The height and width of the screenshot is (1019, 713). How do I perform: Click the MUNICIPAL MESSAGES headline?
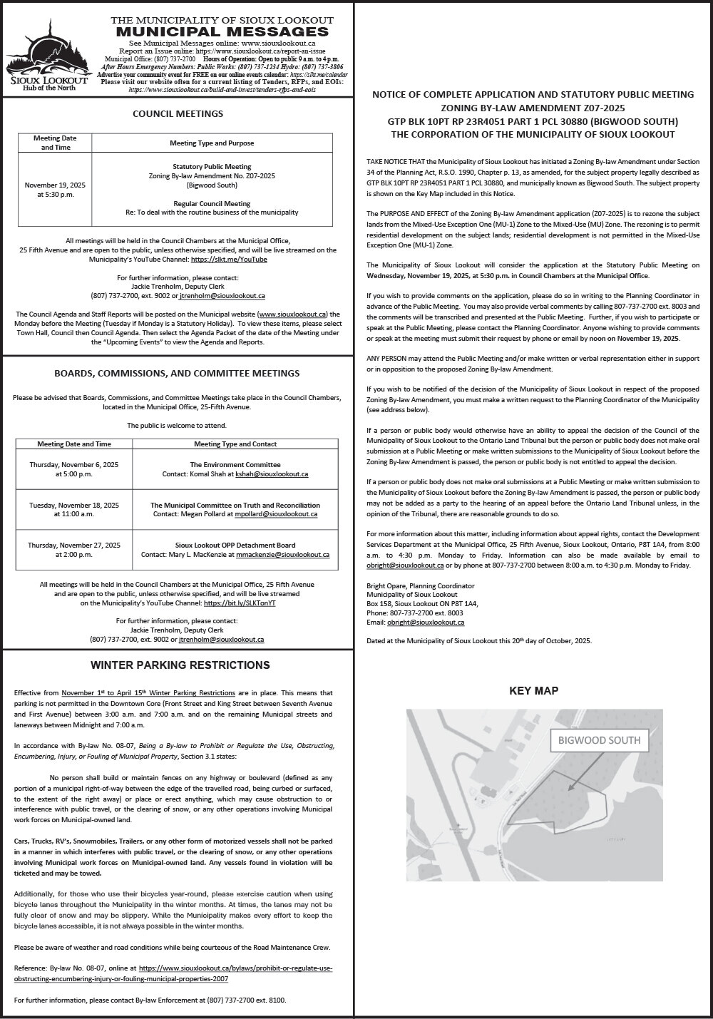tap(222, 31)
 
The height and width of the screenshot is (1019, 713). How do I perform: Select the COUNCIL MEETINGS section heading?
tap(178, 113)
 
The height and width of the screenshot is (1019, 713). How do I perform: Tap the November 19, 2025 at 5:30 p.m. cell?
tap(55, 189)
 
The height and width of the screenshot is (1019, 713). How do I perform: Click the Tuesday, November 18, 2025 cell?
tap(74, 509)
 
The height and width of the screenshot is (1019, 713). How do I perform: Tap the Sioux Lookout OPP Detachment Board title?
tap(235, 545)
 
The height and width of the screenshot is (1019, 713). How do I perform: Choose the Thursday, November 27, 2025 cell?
tap(74, 550)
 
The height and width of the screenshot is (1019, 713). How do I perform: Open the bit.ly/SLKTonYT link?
tap(240, 603)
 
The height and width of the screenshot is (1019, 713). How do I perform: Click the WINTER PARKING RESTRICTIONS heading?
tap(180, 665)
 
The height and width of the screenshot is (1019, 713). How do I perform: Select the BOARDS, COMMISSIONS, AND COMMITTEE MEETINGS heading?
tap(178, 373)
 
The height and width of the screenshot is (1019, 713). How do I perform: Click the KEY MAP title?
tap(533, 690)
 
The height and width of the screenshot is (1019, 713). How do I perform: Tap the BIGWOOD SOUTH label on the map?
tap(600, 740)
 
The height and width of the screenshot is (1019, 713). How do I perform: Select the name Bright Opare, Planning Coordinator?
tap(420, 585)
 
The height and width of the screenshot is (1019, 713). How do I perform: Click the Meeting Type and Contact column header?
tap(235, 444)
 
